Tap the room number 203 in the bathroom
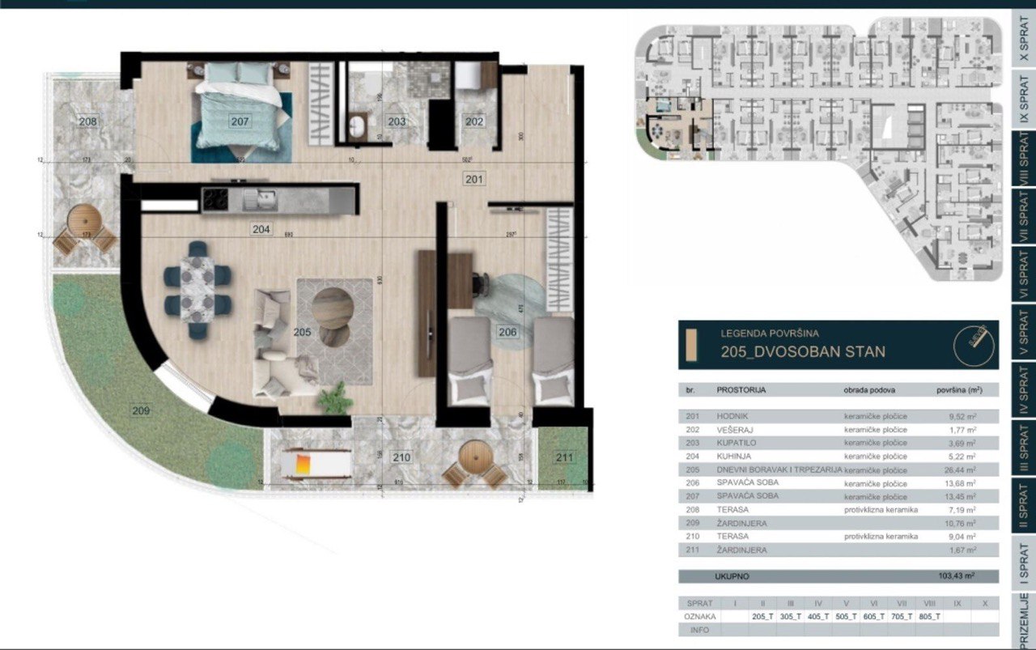coord(396,121)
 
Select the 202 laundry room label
coord(473,121)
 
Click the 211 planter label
coord(564,458)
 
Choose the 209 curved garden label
coord(141,410)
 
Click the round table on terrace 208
coord(83,219)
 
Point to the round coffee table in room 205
coord(332,308)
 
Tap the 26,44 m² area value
coord(961,469)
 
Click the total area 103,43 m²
coord(954,576)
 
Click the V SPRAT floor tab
coord(1023,334)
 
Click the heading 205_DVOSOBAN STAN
coord(802,352)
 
